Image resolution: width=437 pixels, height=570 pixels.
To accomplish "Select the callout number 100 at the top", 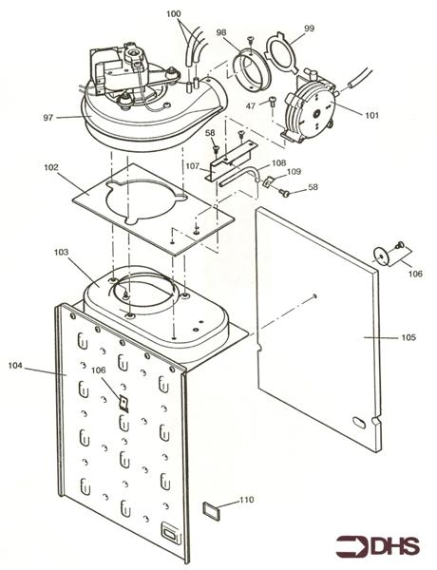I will click(173, 14).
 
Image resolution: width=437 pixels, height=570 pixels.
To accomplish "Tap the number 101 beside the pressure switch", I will click(371, 115).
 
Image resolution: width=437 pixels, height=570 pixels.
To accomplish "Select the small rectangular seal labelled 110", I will click(213, 511).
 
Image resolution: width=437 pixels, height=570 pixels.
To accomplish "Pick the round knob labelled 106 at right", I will click(382, 254).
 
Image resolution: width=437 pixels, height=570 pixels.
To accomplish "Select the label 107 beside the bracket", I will click(192, 167).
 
